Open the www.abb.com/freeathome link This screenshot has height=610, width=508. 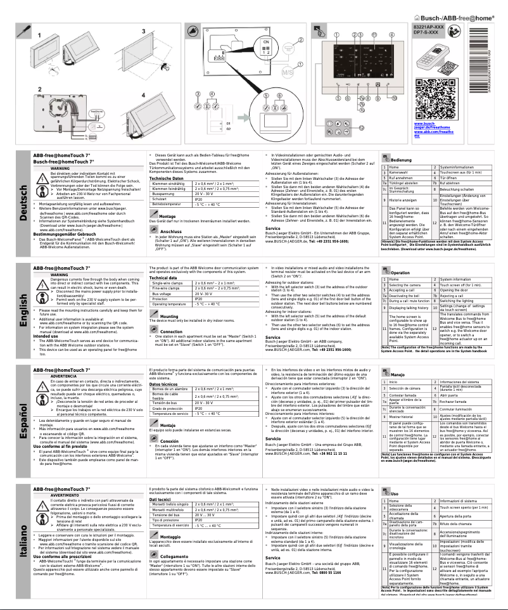(433, 132)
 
